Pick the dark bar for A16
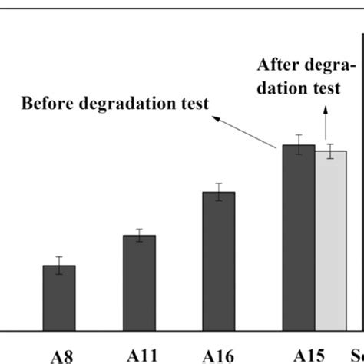click(219, 260)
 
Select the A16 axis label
click(218, 355)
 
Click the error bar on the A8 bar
click(59, 265)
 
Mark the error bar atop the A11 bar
click(139, 235)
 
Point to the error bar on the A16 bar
click(219, 192)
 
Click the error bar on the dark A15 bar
click(299, 144)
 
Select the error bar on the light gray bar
click(331, 151)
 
